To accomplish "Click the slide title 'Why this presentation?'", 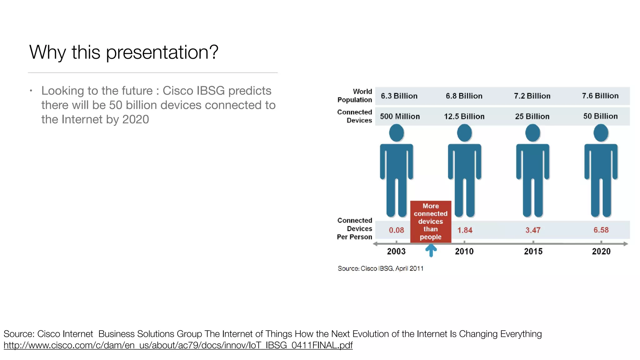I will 124,52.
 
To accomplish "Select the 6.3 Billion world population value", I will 399,96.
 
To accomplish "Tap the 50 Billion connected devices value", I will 600,116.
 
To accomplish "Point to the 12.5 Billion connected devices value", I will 464,116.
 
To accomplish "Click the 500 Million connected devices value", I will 400,116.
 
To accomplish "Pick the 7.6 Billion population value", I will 600,96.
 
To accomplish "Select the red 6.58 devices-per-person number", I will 601,230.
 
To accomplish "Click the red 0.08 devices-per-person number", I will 396,230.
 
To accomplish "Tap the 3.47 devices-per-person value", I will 533,230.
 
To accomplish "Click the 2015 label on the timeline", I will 533,251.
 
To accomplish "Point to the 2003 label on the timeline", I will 396,251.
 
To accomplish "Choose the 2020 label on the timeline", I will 601,251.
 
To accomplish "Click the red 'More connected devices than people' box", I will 431,221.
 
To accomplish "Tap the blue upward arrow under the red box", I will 431,250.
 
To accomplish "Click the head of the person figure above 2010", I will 464,133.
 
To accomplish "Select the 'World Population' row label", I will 355,96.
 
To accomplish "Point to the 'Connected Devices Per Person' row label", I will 355,228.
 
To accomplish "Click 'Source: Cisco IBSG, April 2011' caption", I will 380,268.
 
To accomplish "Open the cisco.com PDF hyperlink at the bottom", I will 178,345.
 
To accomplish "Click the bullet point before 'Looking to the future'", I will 31,91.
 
